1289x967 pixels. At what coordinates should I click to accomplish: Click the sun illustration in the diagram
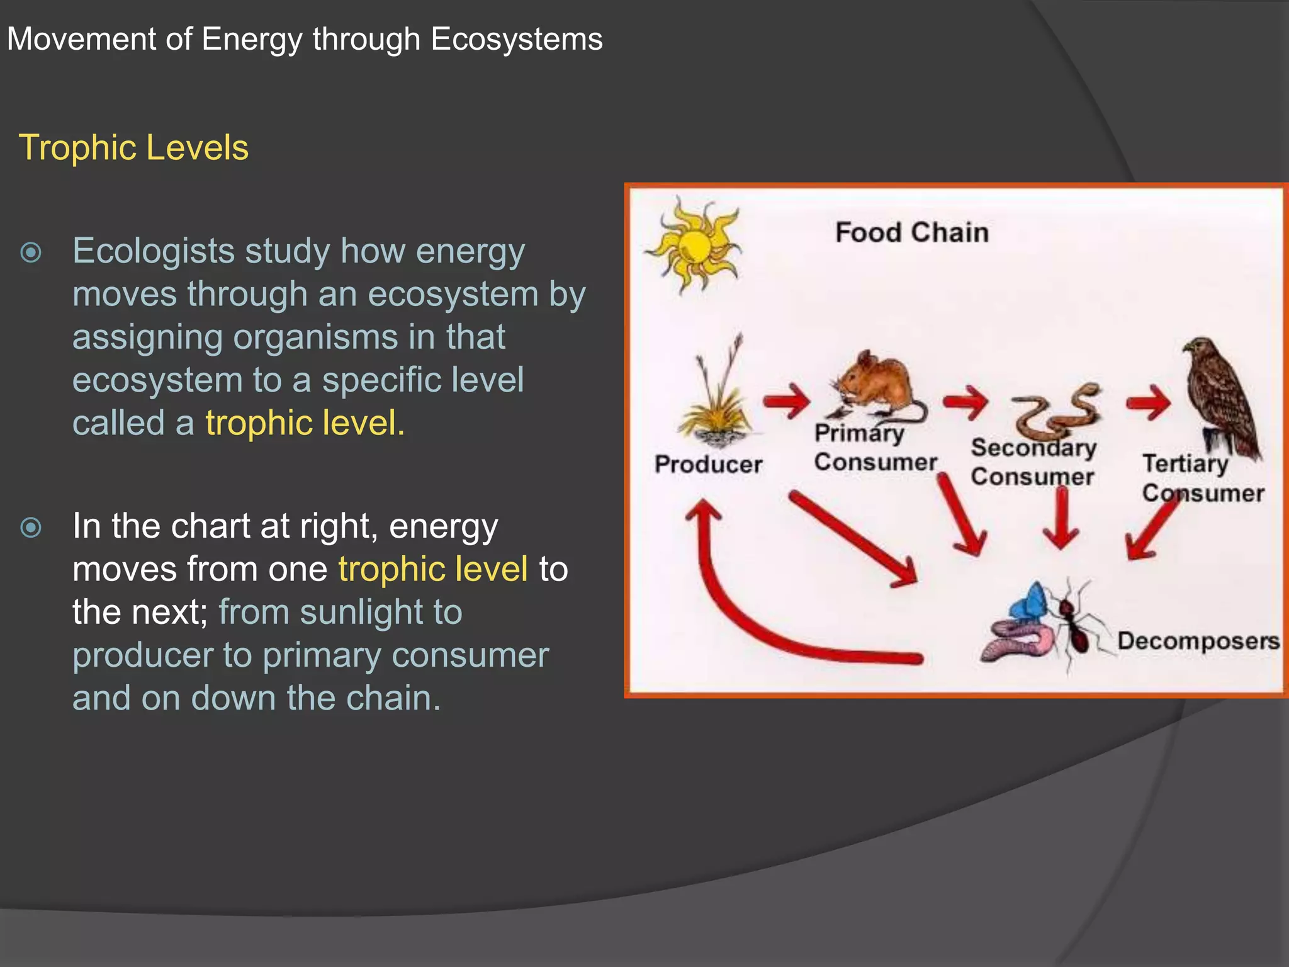tap(693, 246)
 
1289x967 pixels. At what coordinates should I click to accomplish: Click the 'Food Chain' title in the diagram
tap(911, 233)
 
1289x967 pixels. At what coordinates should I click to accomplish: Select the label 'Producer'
tap(708, 465)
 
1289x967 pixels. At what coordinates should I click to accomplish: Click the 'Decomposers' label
tap(1198, 641)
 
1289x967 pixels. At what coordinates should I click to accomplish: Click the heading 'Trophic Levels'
tap(133, 148)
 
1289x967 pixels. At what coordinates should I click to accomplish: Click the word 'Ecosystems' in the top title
tap(516, 39)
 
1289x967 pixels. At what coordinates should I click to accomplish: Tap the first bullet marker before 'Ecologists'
tap(31, 252)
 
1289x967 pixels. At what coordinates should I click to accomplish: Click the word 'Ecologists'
tap(154, 251)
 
